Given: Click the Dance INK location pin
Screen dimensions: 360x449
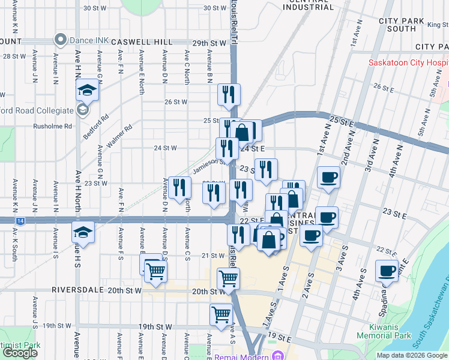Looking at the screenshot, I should click(60, 40).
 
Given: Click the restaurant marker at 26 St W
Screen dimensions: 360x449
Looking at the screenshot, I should click(228, 94).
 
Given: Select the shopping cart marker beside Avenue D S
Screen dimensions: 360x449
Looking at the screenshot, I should click(156, 271).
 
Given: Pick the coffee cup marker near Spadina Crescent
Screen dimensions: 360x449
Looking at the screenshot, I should click(387, 271).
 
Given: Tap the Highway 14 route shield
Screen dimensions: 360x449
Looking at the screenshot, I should click(21, 221).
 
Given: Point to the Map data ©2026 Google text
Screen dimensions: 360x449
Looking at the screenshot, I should click(411, 355).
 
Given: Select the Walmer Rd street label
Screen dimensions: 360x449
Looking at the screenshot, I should click(119, 134).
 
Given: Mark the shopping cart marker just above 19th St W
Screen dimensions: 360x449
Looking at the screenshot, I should click(221, 313).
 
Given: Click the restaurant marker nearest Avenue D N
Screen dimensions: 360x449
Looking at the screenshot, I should click(179, 188).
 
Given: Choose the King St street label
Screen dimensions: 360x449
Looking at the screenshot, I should click(437, 25).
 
